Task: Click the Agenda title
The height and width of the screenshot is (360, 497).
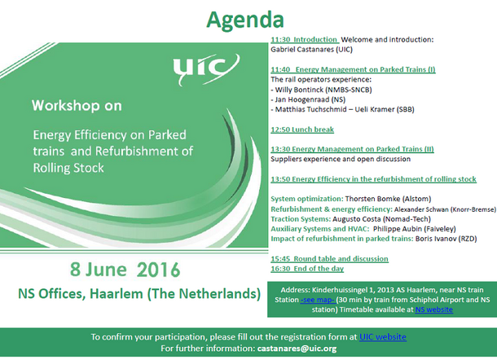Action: tap(245, 20)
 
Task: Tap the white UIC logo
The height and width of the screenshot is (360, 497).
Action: tap(206, 69)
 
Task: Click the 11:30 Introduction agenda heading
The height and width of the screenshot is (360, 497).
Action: tap(305, 40)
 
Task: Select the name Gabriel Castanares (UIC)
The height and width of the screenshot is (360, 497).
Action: tap(311, 50)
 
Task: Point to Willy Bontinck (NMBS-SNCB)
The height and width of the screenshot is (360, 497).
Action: tap(323, 90)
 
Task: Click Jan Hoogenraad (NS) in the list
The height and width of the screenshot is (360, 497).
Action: tap(310, 99)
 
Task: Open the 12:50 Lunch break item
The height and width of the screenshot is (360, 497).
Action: tap(302, 130)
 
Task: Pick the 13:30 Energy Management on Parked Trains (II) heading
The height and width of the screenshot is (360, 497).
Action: tap(352, 149)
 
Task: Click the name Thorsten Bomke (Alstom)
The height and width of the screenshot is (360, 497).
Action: tap(388, 199)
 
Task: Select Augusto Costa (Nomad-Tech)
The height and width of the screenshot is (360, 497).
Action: tap(381, 219)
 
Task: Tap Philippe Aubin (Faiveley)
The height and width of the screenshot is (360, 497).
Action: tap(414, 229)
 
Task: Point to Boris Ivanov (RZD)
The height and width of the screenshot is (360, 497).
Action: tap(446, 239)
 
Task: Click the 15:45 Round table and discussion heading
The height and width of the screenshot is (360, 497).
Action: tap(329, 259)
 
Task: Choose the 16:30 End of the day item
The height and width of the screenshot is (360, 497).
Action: tap(307, 269)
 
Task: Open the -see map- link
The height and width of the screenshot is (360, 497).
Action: tap(318, 300)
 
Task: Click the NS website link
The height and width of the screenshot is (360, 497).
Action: tap(434, 310)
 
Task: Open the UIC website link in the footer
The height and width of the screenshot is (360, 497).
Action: tap(383, 337)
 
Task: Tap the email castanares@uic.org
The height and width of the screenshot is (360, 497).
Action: tap(297, 349)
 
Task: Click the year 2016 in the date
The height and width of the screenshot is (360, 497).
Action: tap(159, 270)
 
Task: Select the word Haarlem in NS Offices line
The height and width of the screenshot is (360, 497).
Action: tap(117, 294)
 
